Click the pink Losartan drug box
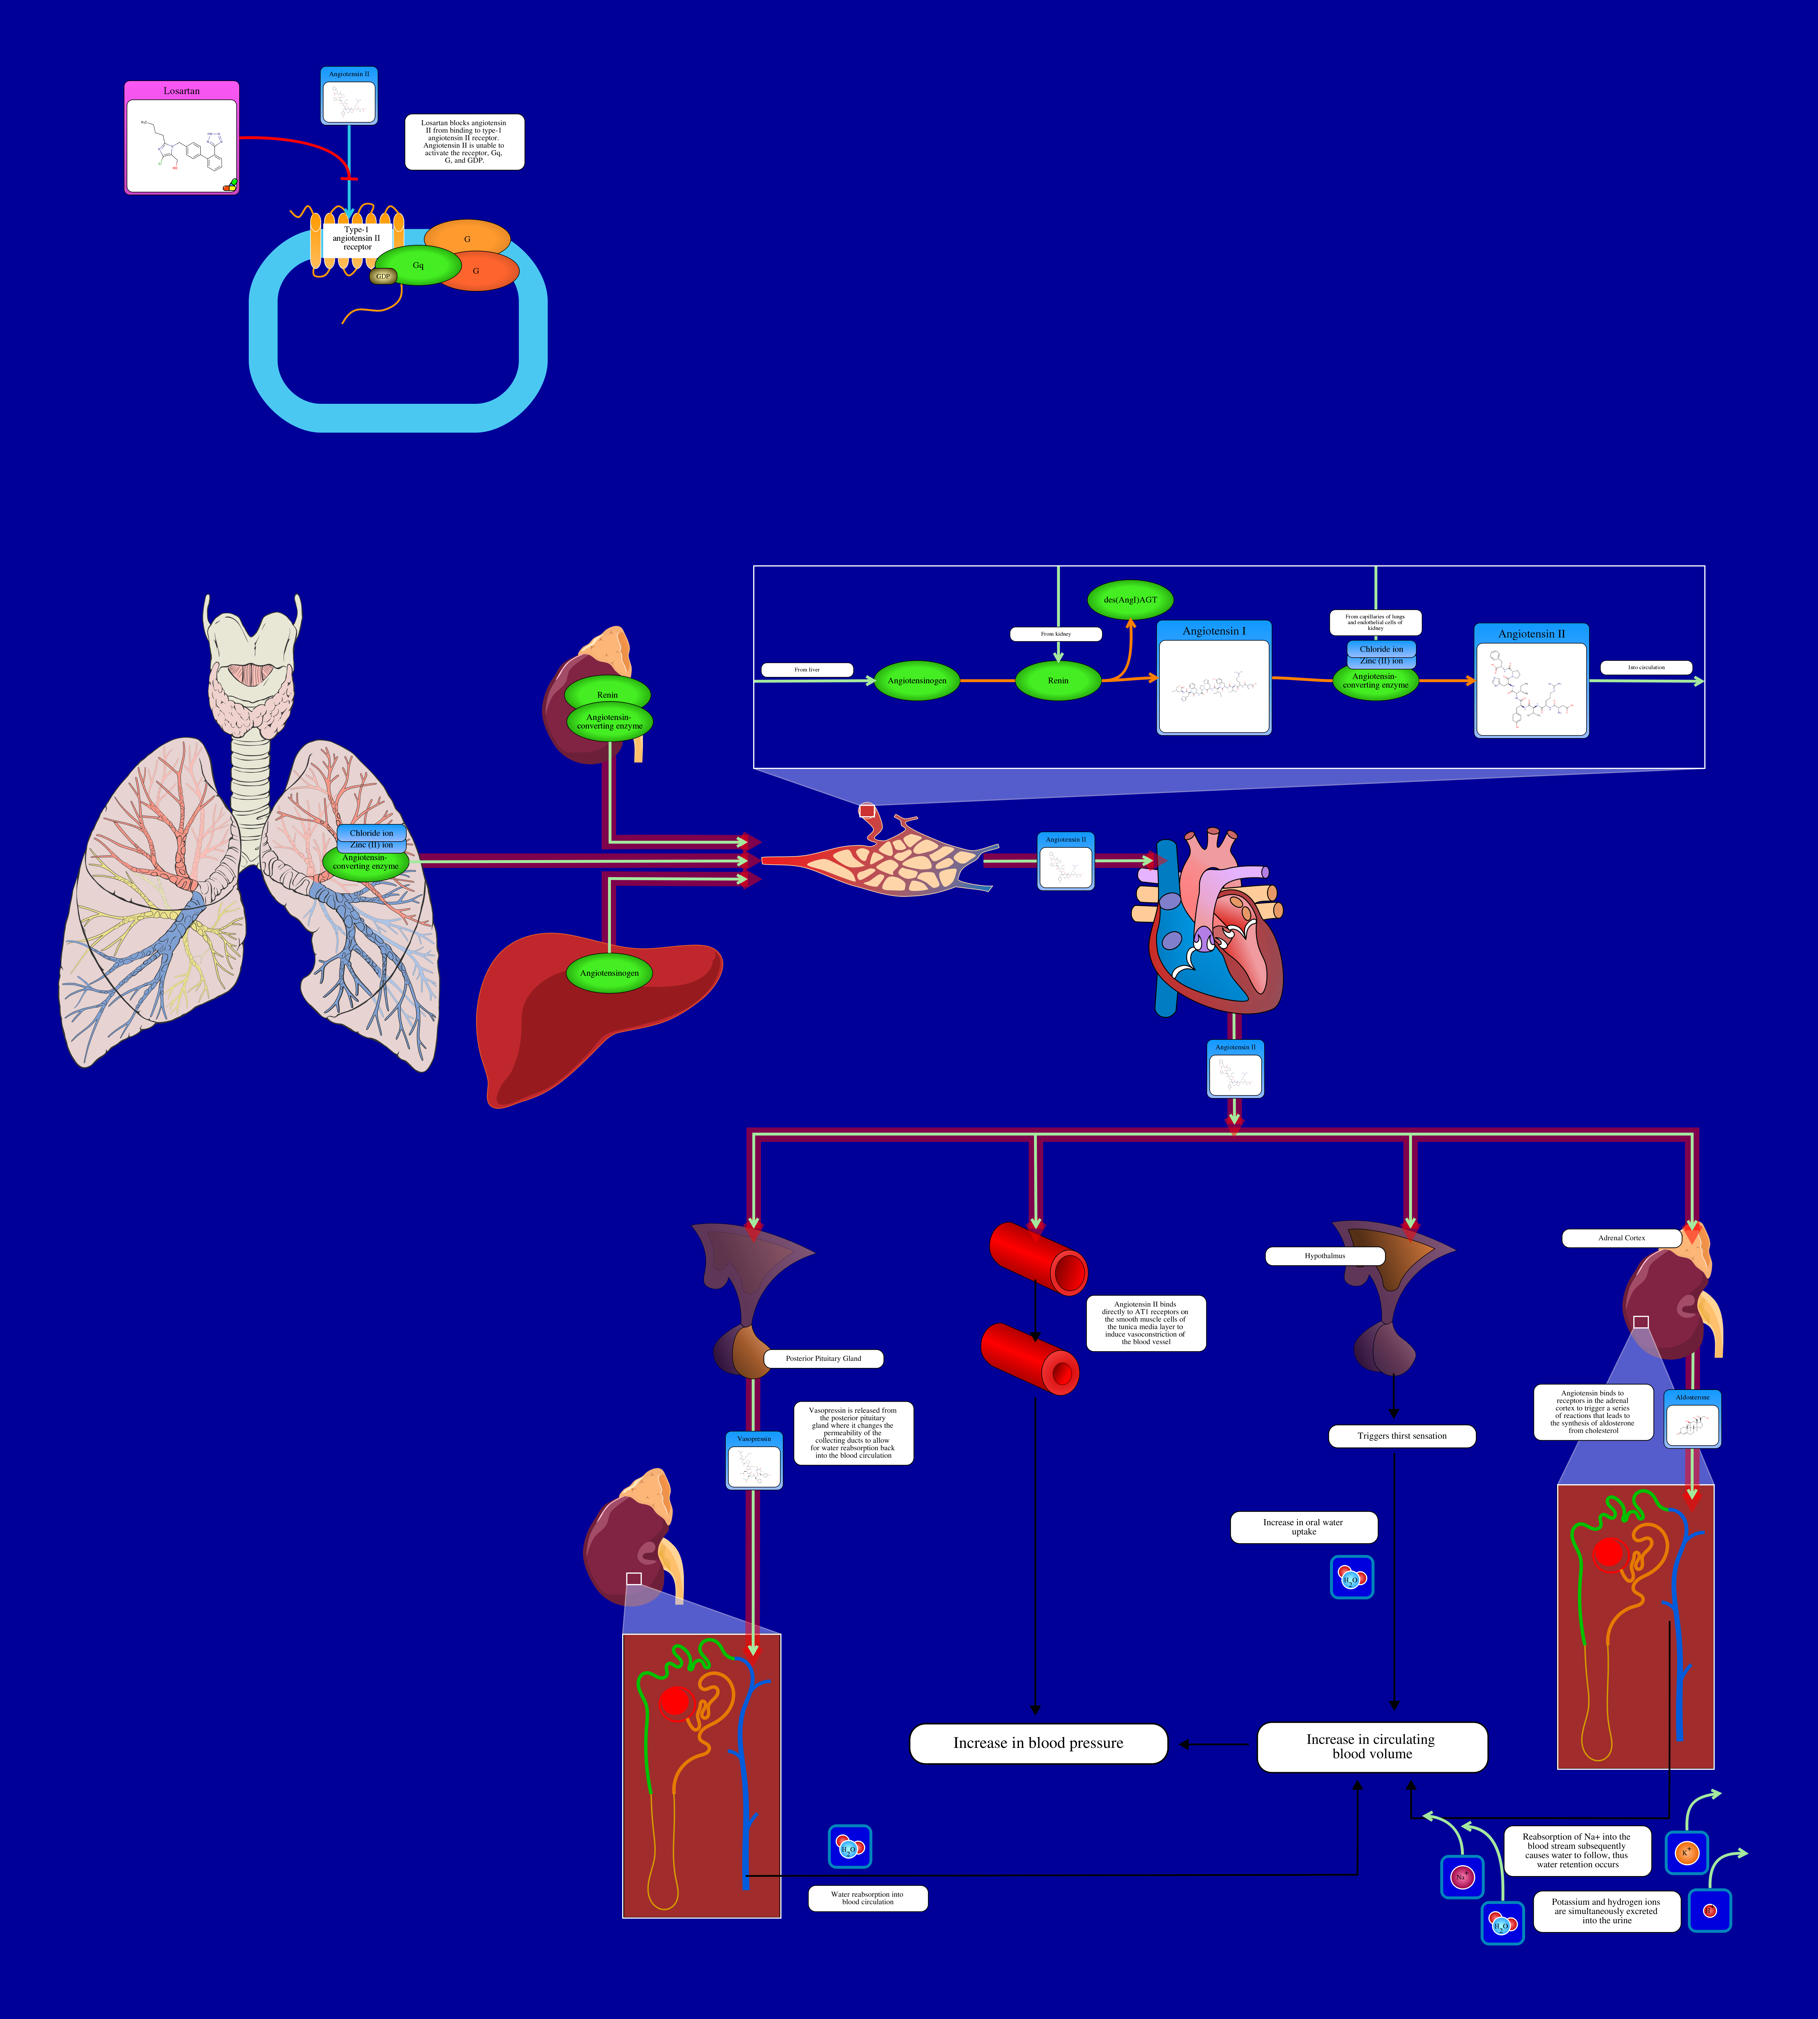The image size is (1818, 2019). pos(182,138)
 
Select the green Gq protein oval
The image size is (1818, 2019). pos(418,266)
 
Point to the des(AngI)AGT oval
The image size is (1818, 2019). pos(1130,600)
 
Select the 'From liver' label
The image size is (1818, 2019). pos(807,670)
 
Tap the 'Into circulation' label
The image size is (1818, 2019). pos(1646,667)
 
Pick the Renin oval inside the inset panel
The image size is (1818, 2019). pos(1058,681)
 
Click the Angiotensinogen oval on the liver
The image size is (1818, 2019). pos(609,973)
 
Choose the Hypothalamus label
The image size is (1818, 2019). pos(1325,1256)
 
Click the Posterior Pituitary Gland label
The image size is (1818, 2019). pos(823,1358)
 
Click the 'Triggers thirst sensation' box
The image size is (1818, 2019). pos(1402,1436)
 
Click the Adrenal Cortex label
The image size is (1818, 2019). pos(1621,1238)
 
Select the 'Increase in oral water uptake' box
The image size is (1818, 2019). pos(1303,1527)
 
